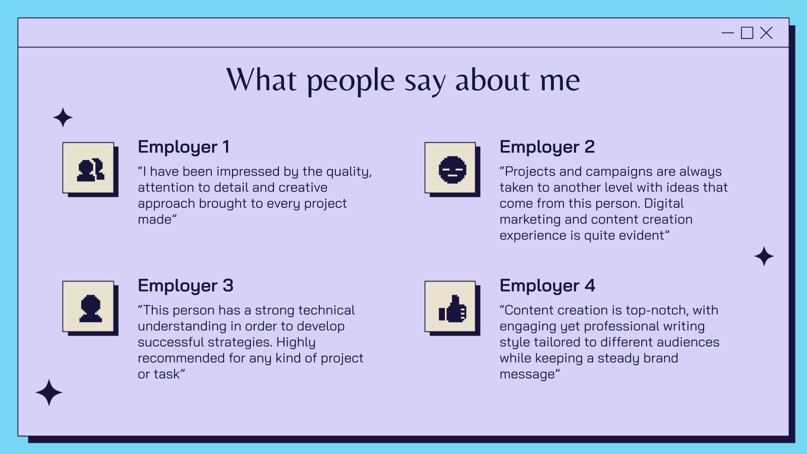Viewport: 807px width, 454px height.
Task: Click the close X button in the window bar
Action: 766,33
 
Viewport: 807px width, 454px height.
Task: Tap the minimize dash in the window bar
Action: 728,33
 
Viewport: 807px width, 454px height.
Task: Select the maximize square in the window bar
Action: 747,33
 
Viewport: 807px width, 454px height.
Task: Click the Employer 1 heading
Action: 184,147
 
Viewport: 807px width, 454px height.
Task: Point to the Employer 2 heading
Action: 547,147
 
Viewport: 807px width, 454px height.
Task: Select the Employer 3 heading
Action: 186,286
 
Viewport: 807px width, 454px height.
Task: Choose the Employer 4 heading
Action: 548,286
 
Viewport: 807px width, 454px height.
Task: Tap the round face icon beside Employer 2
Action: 452,169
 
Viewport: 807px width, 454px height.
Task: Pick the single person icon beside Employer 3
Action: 90,308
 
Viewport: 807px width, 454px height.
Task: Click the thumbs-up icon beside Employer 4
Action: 452,308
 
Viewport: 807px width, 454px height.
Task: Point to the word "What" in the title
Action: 262,79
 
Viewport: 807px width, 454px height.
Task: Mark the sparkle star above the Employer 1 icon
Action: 63,118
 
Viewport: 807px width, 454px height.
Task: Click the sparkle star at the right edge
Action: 764,257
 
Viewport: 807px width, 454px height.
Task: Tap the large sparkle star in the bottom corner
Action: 49,392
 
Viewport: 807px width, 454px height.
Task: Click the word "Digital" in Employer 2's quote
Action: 664,204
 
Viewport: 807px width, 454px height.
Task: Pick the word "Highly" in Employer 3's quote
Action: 296,343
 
